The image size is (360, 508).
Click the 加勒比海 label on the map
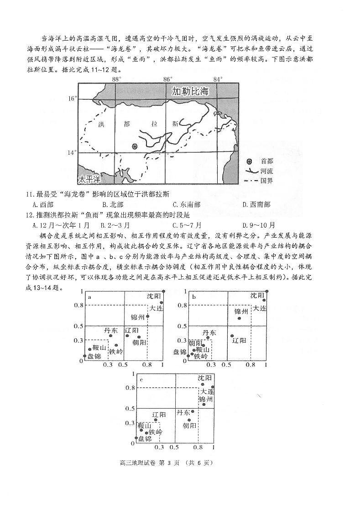click(190, 92)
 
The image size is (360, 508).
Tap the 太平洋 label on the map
click(88, 178)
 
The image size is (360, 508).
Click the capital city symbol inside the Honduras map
click(135, 146)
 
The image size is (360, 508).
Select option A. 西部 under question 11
click(44, 205)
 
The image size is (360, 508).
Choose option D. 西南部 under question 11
click(256, 205)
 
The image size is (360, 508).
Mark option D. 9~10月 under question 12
click(259, 225)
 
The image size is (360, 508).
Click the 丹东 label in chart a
click(110, 330)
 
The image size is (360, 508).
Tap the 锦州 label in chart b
click(241, 311)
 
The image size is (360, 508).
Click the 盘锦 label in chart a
click(95, 356)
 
